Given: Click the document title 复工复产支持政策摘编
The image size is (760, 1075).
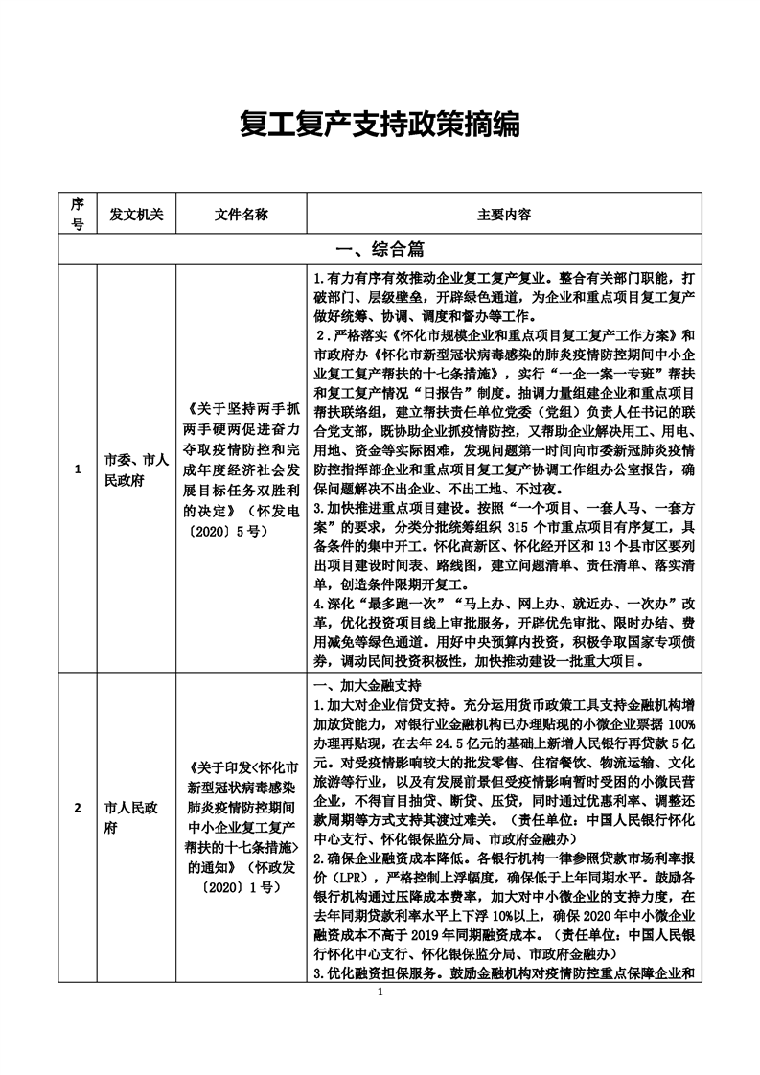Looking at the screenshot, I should tap(380, 124).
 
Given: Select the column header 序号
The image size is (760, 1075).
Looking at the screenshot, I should tap(78, 214).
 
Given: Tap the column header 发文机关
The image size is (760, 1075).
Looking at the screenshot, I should tap(136, 214).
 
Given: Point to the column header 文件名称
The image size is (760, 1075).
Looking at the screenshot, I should tap(242, 214).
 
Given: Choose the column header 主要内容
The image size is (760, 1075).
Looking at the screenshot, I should tap(504, 214).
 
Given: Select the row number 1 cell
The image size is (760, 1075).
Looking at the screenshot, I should tap(78, 469).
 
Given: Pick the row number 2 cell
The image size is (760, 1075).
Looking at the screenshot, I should tap(78, 833).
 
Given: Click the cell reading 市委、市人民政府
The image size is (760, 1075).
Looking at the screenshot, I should tap(136, 469).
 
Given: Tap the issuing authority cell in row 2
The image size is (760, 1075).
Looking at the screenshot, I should tap(136, 833).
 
